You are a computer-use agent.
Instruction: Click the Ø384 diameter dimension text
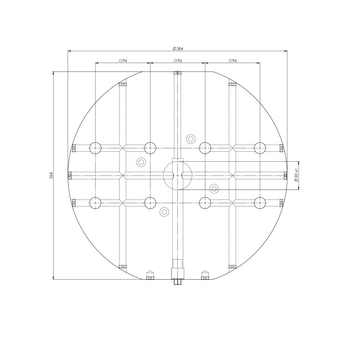point(178,48)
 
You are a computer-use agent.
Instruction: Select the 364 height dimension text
point(50,176)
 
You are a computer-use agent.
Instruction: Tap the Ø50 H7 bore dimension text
point(297,176)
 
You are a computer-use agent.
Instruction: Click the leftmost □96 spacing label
point(123,60)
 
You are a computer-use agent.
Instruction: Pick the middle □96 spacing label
point(178,60)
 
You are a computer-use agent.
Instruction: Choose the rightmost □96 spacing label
point(232,60)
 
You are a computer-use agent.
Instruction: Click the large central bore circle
point(177,176)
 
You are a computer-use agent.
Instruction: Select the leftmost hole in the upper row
point(96,148)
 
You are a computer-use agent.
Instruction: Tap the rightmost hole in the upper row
point(259,148)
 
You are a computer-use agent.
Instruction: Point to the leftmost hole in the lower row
point(96,203)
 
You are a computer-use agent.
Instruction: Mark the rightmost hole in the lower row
point(259,203)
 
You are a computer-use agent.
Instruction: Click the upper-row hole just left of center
point(150,148)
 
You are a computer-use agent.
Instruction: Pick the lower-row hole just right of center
point(205,203)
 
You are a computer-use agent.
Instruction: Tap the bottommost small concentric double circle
point(164,212)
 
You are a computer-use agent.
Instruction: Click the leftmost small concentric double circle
point(141,162)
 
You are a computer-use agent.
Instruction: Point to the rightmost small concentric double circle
point(214,188)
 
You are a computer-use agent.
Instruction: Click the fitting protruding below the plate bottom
point(177,280)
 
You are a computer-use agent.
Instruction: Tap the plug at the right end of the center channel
point(285,176)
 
